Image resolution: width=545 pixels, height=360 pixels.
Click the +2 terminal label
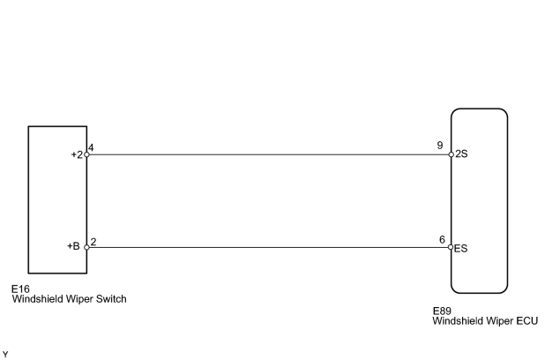click(x=77, y=154)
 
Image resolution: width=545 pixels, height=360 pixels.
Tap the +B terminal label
click(x=73, y=246)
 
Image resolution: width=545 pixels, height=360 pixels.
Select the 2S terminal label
click(x=461, y=154)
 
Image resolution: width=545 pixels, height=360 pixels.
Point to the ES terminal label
click(x=461, y=248)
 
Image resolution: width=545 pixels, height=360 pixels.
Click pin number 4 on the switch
click(x=91, y=148)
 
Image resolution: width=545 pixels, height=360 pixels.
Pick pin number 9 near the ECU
click(x=440, y=146)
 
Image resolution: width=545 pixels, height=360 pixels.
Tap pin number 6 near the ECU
click(x=442, y=240)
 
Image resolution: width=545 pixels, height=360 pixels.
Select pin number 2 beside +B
click(x=93, y=242)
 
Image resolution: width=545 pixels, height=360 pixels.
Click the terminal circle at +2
click(x=87, y=154)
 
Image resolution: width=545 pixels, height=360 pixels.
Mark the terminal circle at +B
click(x=87, y=247)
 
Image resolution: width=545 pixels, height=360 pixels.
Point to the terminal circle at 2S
click(x=452, y=154)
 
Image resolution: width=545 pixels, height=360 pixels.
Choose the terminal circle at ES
click(x=451, y=247)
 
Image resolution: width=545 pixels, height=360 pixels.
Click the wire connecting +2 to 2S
click(x=269, y=154)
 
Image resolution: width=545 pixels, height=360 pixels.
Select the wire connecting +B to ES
click(x=269, y=247)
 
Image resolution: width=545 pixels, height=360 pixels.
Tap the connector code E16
click(x=20, y=289)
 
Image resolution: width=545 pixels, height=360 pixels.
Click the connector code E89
click(x=442, y=311)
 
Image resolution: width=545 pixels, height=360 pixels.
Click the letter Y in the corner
click(x=5, y=355)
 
